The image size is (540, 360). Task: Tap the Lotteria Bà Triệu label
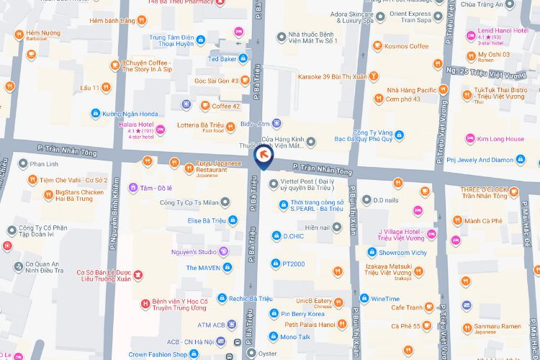coord(197,127)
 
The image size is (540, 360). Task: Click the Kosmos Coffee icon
coord(369,46)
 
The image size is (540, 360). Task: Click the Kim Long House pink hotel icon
coord(471,139)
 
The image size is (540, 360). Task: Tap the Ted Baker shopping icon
coord(243,58)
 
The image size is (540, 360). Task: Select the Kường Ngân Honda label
coord(130,114)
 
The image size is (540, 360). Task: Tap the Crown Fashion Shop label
coord(158,355)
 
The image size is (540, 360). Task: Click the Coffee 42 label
coord(225,106)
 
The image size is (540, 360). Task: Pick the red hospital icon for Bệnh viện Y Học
coord(146,302)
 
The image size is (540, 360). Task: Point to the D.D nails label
coord(386,199)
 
